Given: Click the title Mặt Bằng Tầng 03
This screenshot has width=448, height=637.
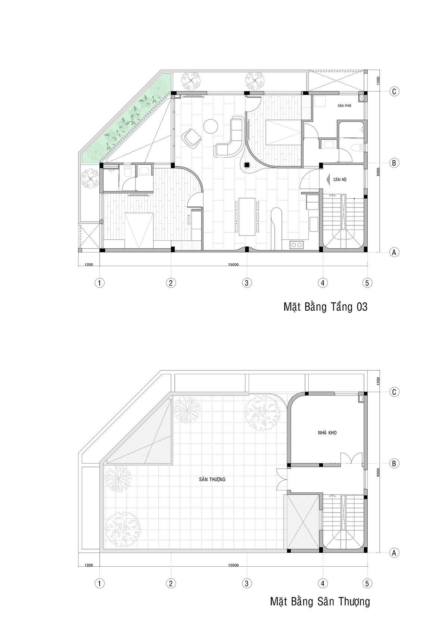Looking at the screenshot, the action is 325,307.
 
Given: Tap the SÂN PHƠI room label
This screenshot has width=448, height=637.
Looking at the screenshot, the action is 344,106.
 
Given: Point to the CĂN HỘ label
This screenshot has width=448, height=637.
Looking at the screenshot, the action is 340,179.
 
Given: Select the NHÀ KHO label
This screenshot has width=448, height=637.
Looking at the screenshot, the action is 327,433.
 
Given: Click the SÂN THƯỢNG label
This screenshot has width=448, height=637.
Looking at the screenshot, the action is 212,479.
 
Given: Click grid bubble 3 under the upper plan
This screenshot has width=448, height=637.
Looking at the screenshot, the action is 246,283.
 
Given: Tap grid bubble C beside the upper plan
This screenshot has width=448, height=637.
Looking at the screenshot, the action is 394,92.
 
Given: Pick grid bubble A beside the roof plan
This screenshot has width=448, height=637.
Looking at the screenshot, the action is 394,553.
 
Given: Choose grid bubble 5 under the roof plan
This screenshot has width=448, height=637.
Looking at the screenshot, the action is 367,584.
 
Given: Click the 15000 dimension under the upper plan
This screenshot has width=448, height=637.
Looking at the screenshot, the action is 233,264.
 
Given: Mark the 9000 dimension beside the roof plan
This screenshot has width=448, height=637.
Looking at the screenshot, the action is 378,473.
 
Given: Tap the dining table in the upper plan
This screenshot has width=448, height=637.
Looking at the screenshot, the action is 246,217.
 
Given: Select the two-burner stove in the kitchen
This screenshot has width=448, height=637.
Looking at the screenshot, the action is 296,244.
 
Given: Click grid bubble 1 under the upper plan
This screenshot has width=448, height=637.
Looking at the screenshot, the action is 99,283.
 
